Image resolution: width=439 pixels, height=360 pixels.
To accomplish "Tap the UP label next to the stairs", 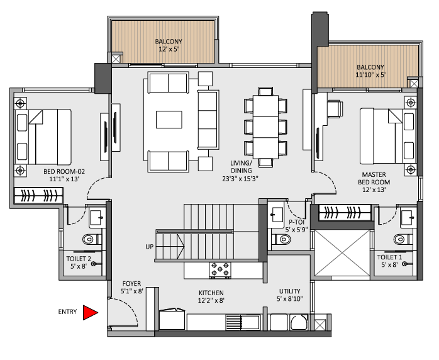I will click(x=150, y=246).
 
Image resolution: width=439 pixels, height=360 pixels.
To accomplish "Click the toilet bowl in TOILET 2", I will click(x=91, y=239).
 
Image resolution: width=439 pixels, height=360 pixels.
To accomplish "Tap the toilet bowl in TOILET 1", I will click(x=399, y=239).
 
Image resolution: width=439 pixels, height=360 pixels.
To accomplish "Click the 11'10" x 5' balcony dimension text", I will click(x=370, y=75).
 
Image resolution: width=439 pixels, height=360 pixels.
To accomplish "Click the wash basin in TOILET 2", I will click(x=98, y=217).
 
